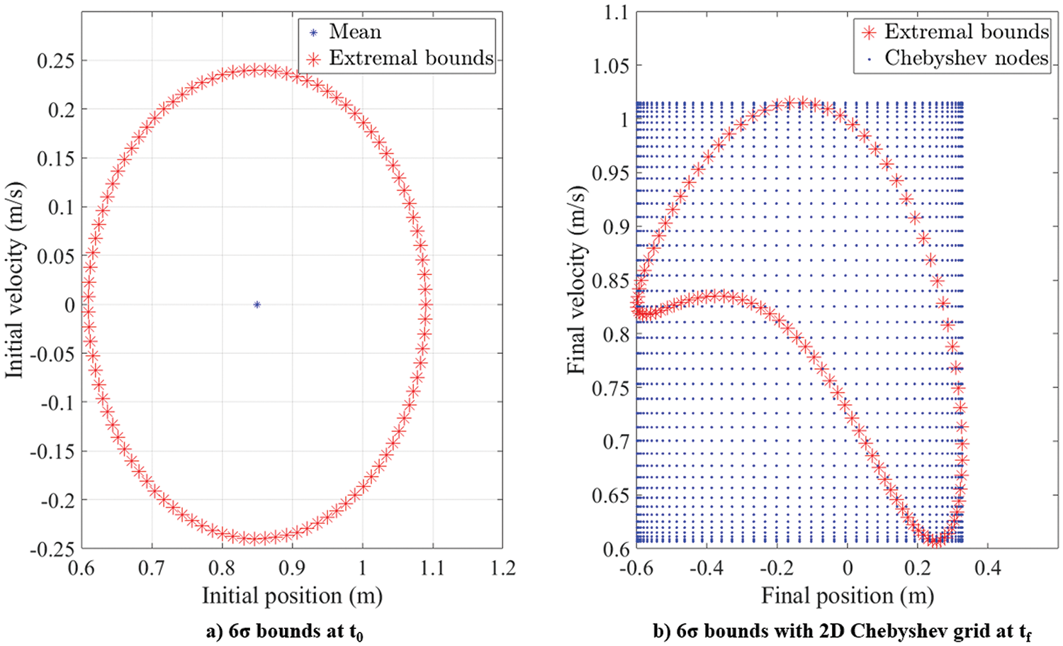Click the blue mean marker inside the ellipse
[257, 305]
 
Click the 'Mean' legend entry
[354, 32]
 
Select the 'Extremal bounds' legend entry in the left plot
[411, 58]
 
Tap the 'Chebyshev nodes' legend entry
[966, 58]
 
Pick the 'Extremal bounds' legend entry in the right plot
[966, 32]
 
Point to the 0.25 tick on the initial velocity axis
[56, 61]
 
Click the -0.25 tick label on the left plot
[52, 549]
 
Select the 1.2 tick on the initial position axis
[502, 568]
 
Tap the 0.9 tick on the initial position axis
[292, 568]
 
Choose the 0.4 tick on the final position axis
[987, 568]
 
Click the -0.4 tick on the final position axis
[703, 568]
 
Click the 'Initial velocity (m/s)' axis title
[15, 280]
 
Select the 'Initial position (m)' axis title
[292, 596]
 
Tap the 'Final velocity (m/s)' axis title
[577, 280]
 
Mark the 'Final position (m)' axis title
[848, 596]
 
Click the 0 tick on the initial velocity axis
[69, 305]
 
